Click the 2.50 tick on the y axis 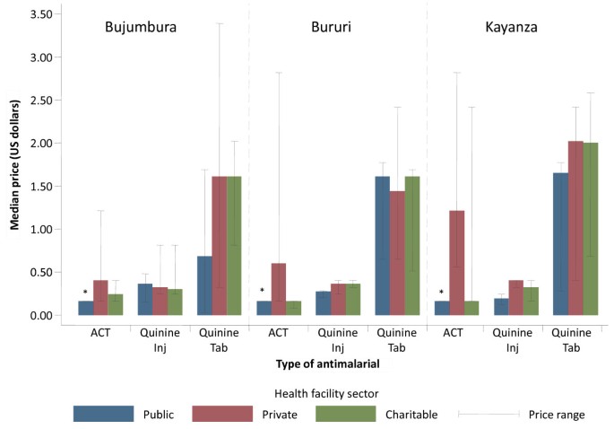39,100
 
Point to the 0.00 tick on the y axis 39,316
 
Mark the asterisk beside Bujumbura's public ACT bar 85,293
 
